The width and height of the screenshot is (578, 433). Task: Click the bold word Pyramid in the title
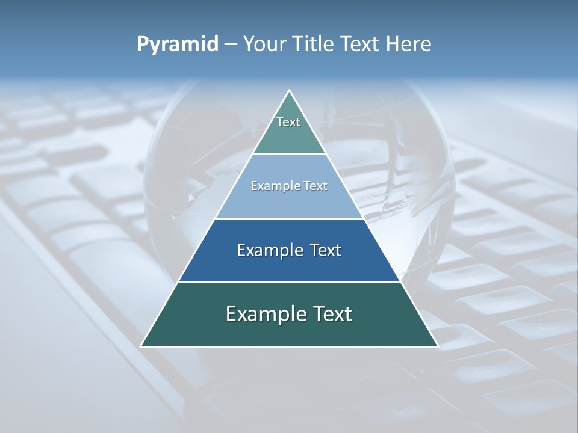(178, 45)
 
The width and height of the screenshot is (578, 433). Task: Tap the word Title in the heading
(314, 45)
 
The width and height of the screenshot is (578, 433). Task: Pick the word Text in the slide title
(361, 45)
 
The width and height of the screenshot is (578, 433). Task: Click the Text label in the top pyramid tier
(288, 122)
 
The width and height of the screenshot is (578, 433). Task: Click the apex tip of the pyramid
(290, 91)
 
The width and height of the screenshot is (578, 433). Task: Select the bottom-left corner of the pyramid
(141, 346)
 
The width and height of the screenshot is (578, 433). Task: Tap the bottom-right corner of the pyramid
(437, 346)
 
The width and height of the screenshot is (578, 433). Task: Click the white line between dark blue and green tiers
(289, 282)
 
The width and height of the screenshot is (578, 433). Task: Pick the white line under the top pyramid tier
(289, 155)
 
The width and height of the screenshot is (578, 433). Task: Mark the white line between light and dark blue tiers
(289, 218)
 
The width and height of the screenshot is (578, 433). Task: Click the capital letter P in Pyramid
(143, 45)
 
